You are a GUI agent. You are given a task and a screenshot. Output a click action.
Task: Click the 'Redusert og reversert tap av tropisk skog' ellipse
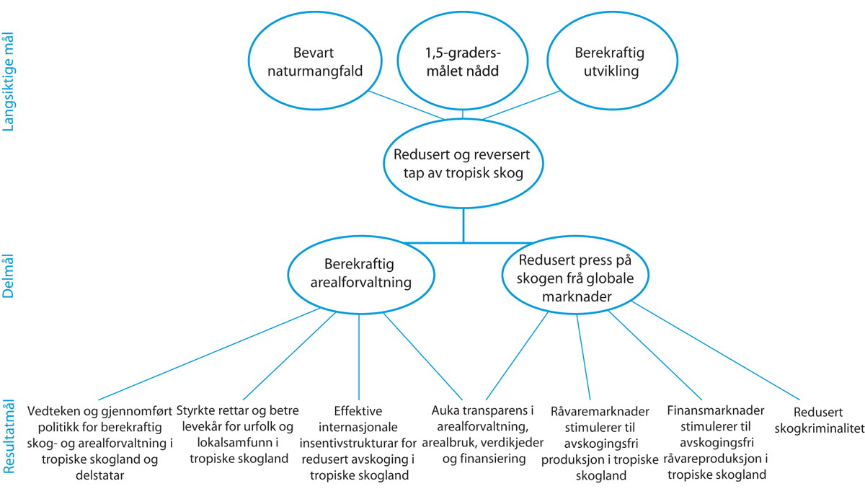pos(463,164)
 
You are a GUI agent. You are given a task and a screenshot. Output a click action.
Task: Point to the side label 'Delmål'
pos(9,275)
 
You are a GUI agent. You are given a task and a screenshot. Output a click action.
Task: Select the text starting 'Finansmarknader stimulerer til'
pos(717,441)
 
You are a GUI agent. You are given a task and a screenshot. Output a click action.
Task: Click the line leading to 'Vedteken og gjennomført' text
pos(202,355)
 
